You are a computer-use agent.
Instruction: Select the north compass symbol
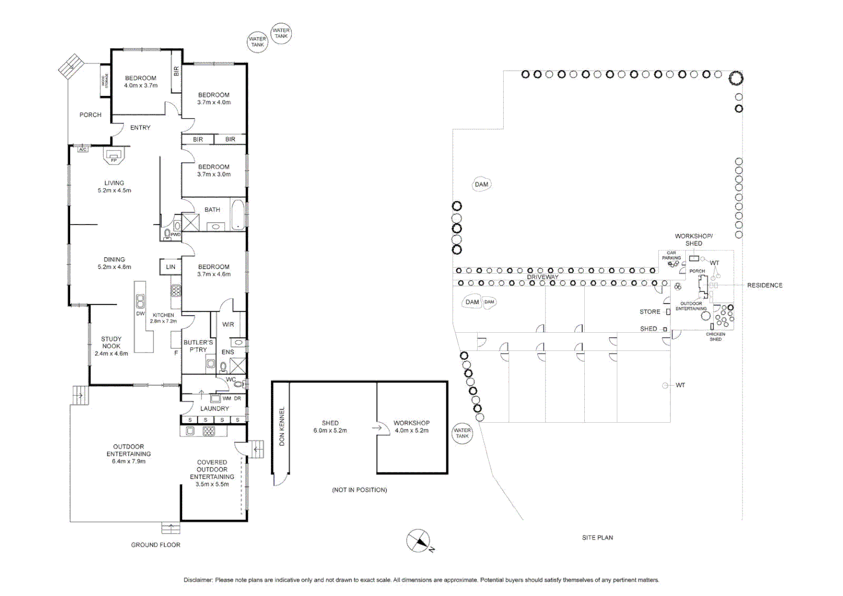coord(418,541)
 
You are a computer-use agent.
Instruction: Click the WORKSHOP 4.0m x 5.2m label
coord(412,427)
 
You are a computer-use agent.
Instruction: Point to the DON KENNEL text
coord(282,426)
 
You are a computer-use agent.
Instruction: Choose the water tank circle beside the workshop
coord(462,433)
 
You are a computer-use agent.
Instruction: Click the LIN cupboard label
coord(170,267)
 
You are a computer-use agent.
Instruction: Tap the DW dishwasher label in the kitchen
coord(140,313)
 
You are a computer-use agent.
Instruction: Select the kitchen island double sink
coord(141,301)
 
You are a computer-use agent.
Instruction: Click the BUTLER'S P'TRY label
coord(198,346)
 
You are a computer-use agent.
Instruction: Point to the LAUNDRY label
coord(215,409)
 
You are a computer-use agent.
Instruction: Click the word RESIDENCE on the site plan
coord(765,285)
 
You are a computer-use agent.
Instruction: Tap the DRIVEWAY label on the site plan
coord(542,277)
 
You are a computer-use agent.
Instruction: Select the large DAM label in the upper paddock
coord(482,184)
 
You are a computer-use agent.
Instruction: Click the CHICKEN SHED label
coord(716,337)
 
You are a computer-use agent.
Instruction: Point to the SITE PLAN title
coord(597,538)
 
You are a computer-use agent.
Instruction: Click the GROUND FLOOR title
coord(156,545)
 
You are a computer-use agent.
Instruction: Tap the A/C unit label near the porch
coord(83,150)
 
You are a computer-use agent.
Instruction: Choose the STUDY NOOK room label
coord(111,346)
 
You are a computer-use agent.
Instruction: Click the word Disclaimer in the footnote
coord(198,580)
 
